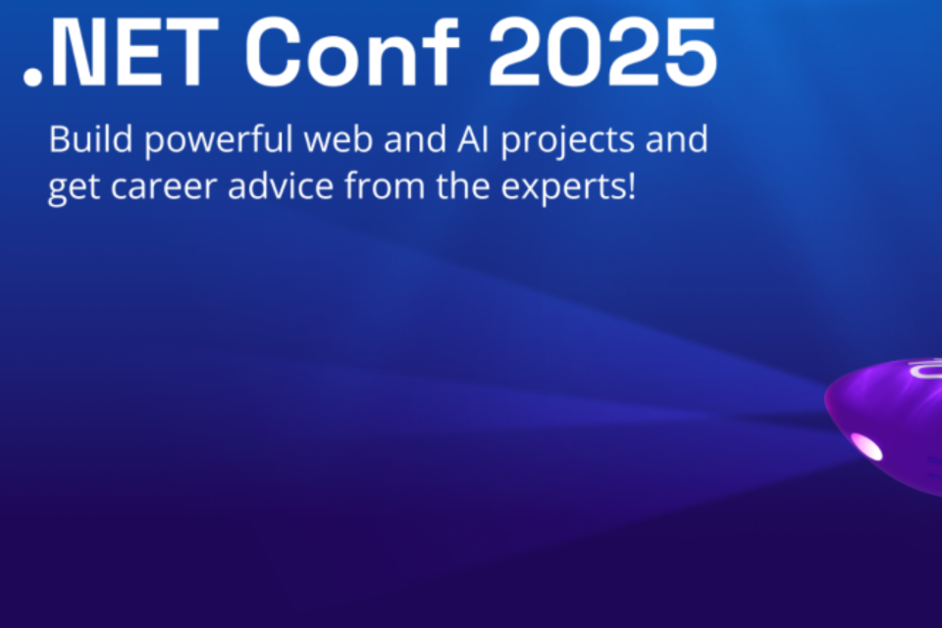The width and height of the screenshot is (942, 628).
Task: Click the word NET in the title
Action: pos(134,52)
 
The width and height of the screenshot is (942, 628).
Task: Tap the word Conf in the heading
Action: pos(352,52)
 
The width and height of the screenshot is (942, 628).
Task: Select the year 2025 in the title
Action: pos(602,52)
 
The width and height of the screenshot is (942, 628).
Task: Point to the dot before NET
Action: pos(32,78)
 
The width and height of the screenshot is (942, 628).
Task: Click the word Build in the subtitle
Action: pos(90,138)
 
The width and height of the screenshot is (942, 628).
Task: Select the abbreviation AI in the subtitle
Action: pos(473,138)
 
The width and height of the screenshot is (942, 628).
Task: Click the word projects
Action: pos(567,142)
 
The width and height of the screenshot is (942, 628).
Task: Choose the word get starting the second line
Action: pos(74,188)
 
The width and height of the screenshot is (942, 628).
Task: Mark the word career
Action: pos(164,186)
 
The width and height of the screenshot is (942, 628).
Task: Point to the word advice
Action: pos(281,185)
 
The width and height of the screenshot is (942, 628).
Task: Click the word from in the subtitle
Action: pos(385,185)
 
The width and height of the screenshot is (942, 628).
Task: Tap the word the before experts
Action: pos(462,185)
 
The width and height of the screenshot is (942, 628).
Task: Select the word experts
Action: pos(562,188)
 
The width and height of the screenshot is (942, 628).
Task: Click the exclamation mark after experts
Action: pos(631,185)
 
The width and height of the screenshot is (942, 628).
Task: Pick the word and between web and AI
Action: pos(414,138)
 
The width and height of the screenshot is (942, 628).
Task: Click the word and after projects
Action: pos(676,138)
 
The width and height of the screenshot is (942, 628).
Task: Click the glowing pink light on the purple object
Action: pos(866,446)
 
